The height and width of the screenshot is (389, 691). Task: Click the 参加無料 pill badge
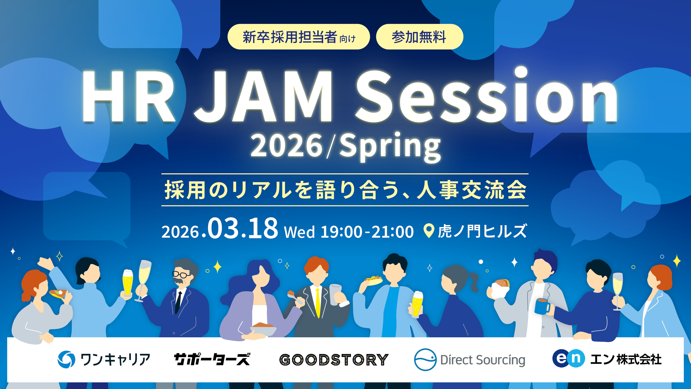[419, 37]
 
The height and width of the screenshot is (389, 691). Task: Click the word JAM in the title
[264, 97]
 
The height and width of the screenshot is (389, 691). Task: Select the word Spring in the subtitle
[390, 146]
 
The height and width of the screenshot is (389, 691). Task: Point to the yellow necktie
[318, 302]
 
